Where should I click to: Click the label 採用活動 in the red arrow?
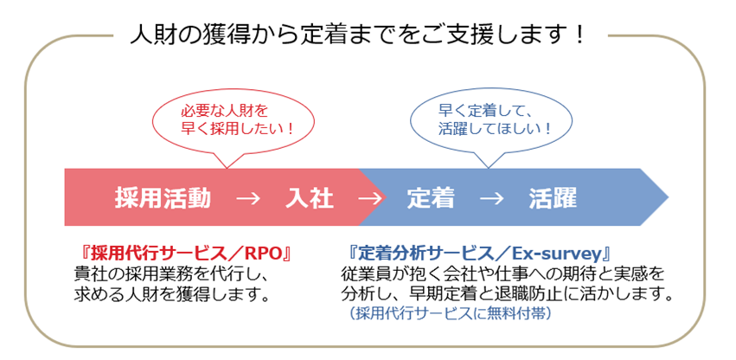coord(163,199)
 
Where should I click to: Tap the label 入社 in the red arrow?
coord(310,199)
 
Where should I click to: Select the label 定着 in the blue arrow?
coord(431,199)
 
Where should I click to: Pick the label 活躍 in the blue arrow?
coord(553,199)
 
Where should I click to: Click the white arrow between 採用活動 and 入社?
coord(248,199)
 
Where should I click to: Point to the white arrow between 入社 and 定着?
coord(370,199)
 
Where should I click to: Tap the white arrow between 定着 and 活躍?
coord(491,199)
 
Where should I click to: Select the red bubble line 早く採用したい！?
coord(237,129)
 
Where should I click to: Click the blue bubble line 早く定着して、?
coord(484,111)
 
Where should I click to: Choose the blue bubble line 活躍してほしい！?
coord(495,128)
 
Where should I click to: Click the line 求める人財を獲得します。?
coord(173,295)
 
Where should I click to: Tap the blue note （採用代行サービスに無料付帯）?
coord(450,313)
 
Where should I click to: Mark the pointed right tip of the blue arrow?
coord(669,197)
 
